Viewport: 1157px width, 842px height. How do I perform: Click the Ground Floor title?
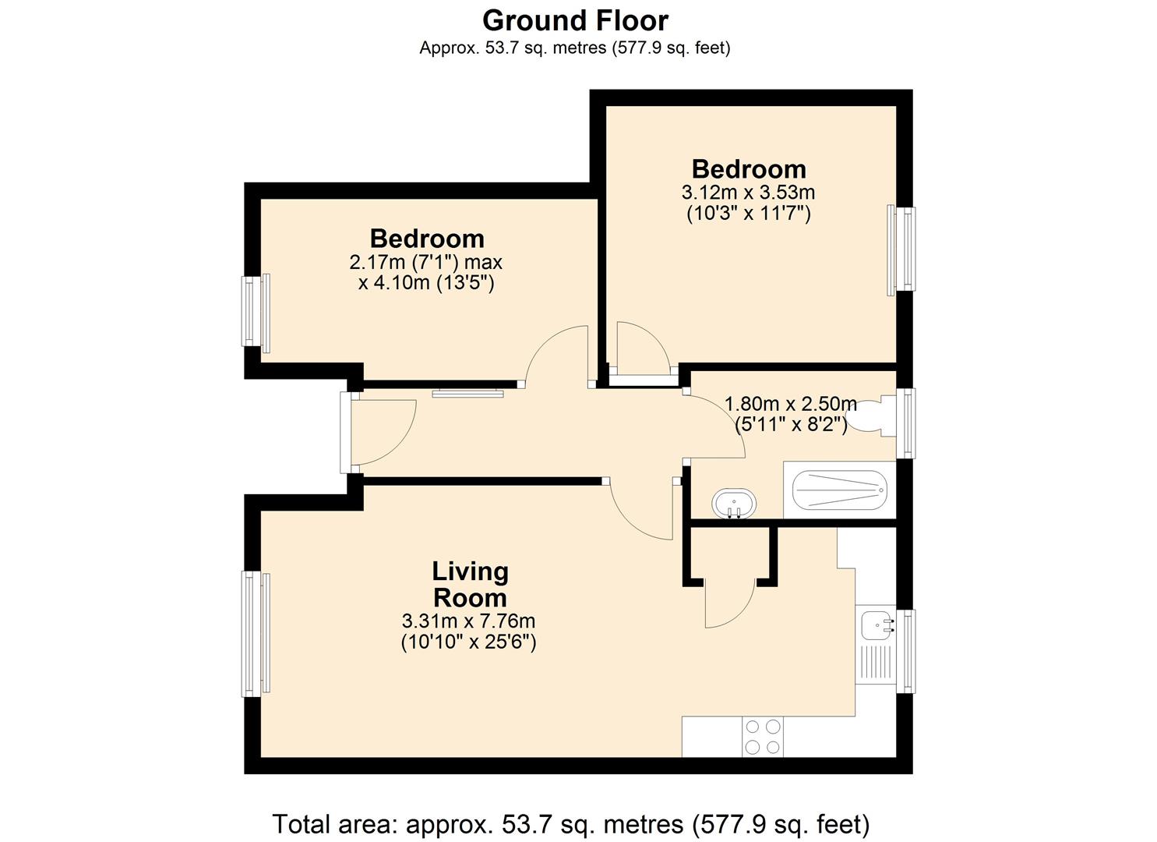click(575, 19)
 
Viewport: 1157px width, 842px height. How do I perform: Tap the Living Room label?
click(470, 585)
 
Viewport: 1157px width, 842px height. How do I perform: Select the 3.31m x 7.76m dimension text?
click(468, 621)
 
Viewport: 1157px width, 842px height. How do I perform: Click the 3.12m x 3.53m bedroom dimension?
click(748, 192)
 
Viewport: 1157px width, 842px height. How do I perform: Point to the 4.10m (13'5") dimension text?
click(426, 282)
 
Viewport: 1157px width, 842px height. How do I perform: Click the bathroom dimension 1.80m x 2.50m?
click(790, 404)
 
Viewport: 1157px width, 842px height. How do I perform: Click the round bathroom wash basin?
click(733, 504)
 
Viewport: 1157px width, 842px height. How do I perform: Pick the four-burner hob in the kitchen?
click(763, 736)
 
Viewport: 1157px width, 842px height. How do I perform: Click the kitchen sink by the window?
click(876, 624)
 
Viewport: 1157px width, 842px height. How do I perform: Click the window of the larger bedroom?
click(902, 250)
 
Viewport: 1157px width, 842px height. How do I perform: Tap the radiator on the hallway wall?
click(469, 393)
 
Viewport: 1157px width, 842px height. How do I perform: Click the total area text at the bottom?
click(570, 823)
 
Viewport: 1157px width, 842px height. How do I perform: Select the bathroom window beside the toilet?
click(905, 423)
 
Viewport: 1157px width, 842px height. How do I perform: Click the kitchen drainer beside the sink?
click(875, 663)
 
